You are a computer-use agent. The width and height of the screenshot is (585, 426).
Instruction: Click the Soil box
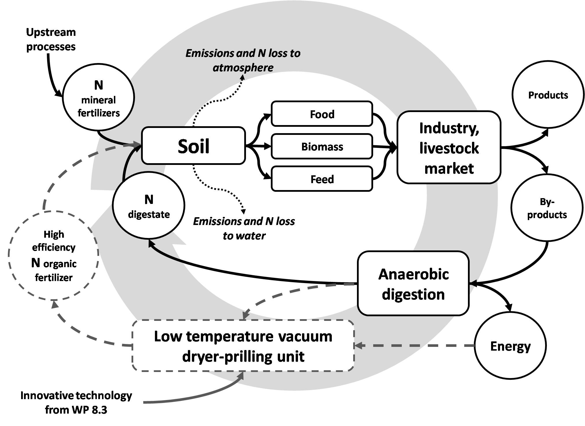point(193,146)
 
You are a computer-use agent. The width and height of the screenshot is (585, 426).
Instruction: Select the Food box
point(322,114)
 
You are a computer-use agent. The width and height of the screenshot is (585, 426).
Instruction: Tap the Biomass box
point(322,146)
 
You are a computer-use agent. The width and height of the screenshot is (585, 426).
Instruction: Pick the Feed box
point(322,179)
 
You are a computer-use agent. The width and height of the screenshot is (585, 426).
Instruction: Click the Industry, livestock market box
point(449,147)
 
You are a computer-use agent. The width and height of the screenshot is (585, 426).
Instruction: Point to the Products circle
point(548,95)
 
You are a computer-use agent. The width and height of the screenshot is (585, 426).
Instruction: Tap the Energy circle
point(510,346)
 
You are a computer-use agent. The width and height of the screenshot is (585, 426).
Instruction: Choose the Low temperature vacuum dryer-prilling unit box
point(243,346)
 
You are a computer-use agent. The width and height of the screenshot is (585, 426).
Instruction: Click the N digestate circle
point(149,206)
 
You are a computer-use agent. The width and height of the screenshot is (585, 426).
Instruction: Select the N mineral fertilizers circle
point(99,98)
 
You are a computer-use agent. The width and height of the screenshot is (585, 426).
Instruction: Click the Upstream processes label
point(51,39)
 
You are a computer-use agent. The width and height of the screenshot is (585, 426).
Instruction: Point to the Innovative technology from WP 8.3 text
point(76,402)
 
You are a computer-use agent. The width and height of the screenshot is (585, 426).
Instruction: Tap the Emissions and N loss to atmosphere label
point(243,60)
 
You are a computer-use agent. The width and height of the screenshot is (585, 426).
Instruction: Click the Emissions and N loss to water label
point(244,228)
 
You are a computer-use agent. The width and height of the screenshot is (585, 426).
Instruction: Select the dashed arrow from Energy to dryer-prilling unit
point(413,345)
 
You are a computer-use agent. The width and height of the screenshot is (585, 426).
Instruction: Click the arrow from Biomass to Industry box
point(384,147)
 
